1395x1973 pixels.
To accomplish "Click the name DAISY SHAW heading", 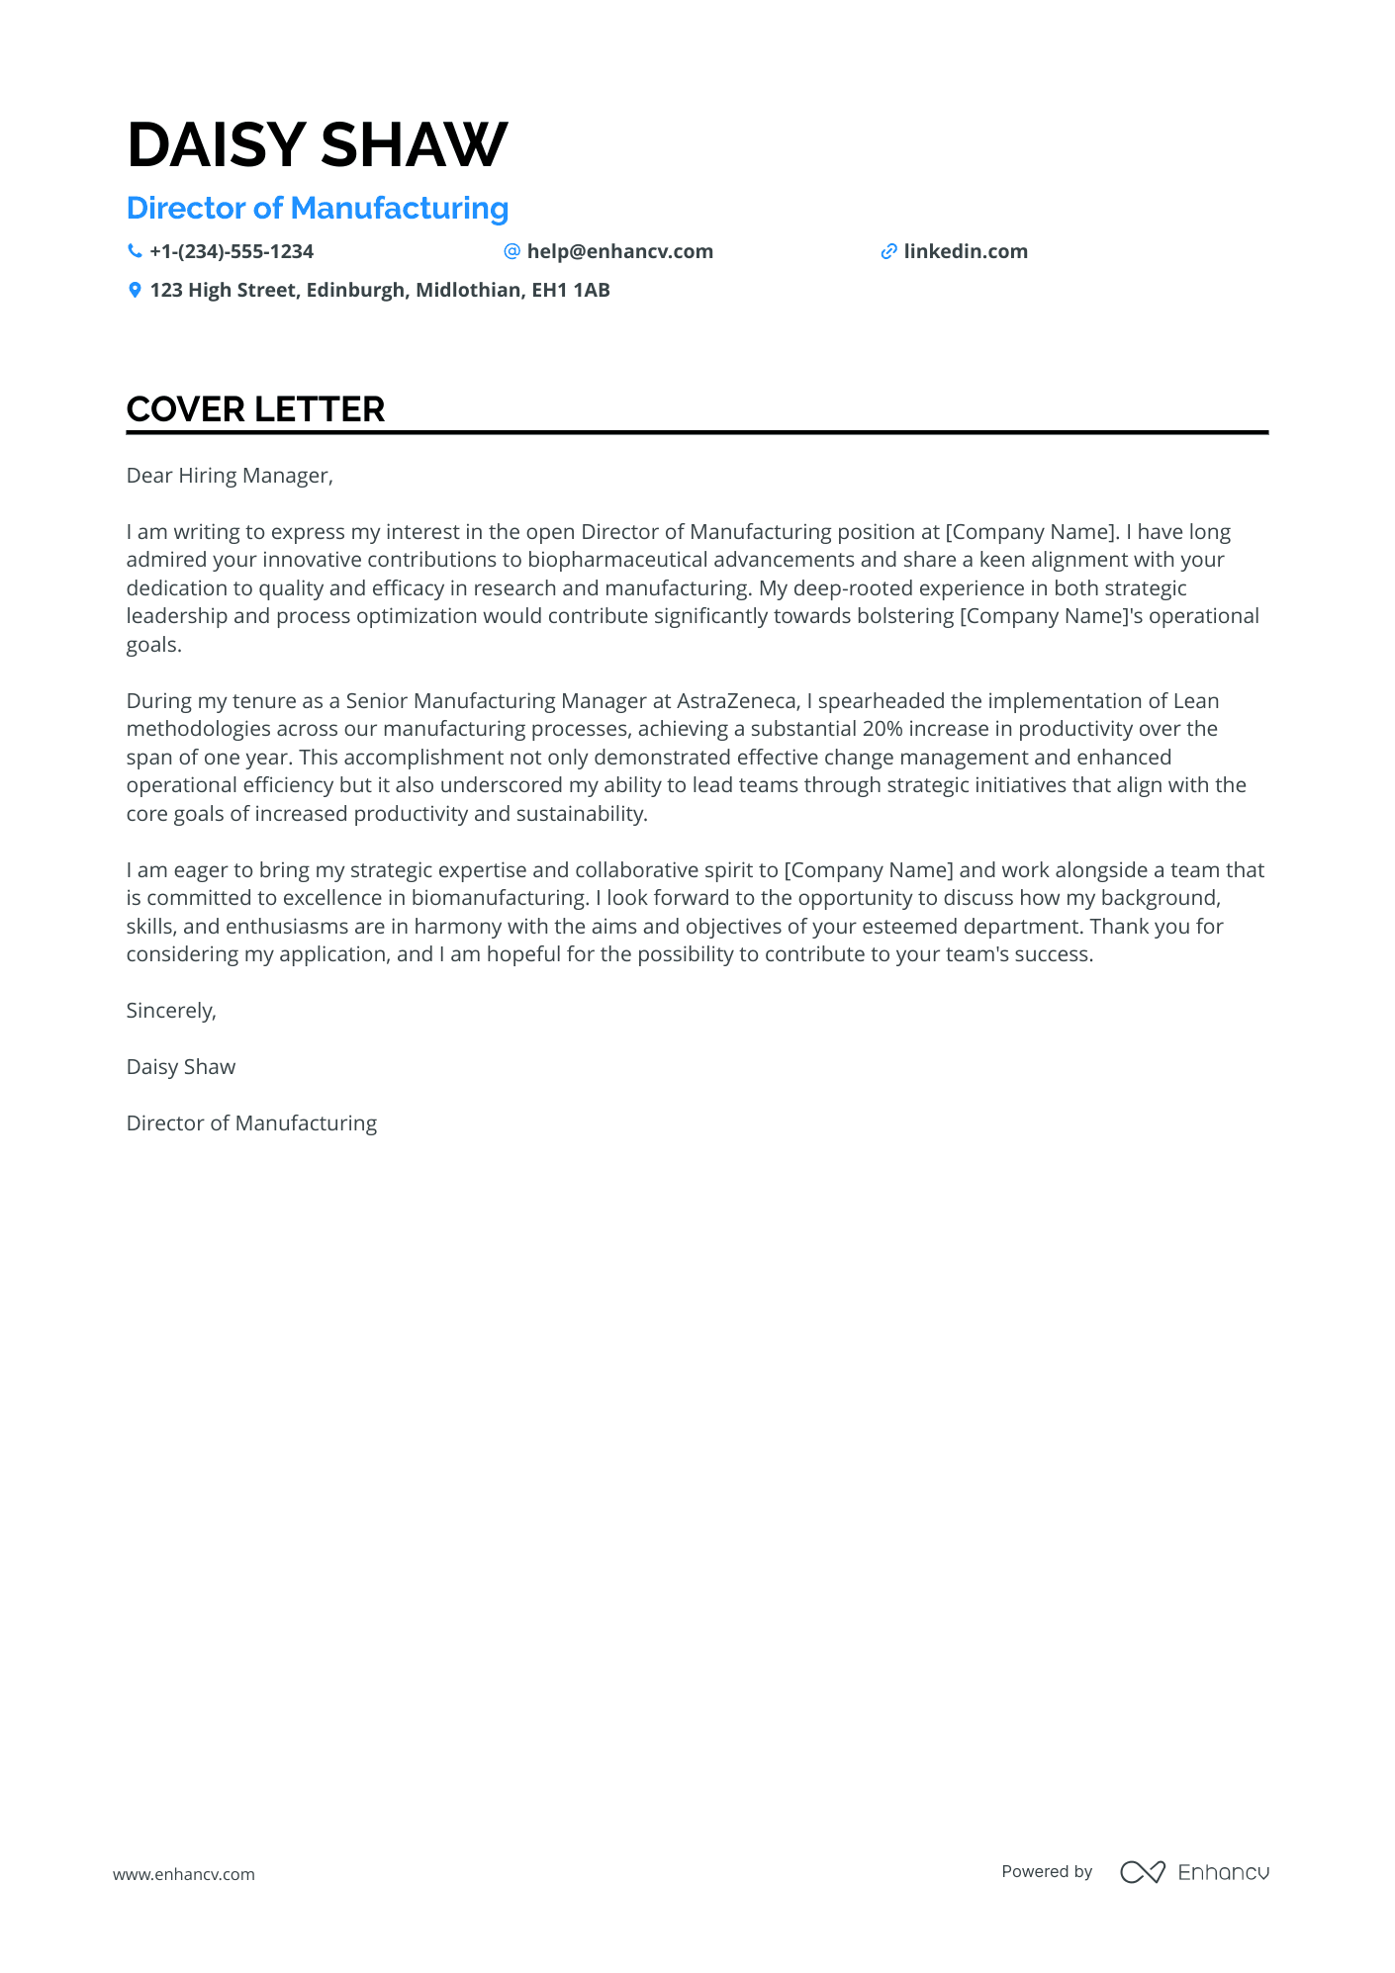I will (x=317, y=144).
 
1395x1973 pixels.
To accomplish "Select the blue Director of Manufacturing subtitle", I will (x=317, y=209).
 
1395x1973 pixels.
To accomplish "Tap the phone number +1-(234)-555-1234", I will (x=232, y=252).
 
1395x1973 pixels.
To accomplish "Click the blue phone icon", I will (x=135, y=252).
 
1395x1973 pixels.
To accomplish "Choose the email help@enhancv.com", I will (x=619, y=252).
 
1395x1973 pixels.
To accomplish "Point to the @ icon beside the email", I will (x=511, y=252).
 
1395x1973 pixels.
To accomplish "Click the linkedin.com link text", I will (x=965, y=252).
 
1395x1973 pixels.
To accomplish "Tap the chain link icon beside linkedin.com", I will (x=888, y=252).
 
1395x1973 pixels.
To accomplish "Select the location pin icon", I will (x=135, y=291).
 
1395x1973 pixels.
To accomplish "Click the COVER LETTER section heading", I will (x=255, y=409).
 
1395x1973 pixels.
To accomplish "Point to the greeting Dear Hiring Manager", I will (x=230, y=476).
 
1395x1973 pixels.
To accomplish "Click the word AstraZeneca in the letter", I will (x=736, y=701).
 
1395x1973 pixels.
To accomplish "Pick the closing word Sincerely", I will (x=171, y=1011).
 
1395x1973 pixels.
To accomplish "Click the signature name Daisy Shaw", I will (x=181, y=1067).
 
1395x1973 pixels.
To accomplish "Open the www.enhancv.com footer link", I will (x=184, y=1874).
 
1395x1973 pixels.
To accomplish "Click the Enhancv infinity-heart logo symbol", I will (x=1142, y=1872).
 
